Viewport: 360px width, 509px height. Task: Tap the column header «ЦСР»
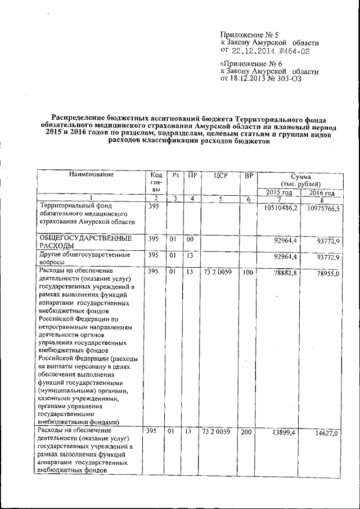(220, 175)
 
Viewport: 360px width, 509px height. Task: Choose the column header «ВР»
(248, 175)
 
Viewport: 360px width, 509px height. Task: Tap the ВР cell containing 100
(248, 272)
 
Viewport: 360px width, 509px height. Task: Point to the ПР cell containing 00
(191, 239)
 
